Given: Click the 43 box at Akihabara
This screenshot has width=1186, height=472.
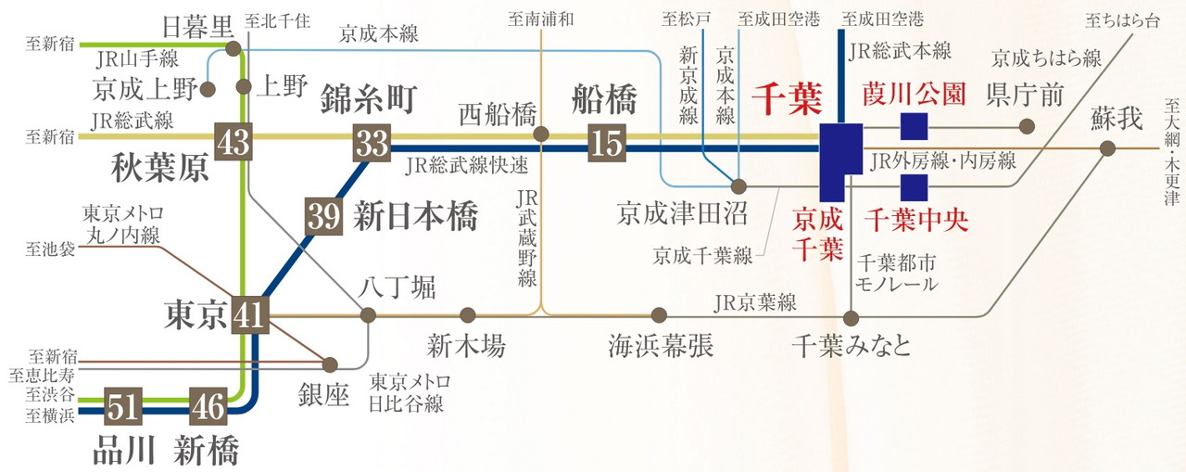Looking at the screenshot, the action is [233, 142].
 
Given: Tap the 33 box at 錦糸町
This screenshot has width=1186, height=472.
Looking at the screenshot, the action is [372, 143].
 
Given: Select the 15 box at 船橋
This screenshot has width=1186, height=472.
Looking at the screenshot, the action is [607, 143].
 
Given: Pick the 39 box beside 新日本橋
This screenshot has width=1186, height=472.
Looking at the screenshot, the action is [323, 216].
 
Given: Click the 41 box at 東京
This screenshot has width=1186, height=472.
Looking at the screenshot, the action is [250, 314].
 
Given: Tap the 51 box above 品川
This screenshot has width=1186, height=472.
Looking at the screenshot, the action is [123, 406].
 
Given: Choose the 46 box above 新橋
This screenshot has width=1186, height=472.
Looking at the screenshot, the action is [208, 406].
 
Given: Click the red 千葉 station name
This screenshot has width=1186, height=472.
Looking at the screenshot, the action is [788, 99].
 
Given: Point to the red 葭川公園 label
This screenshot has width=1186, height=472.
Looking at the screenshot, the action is [914, 95].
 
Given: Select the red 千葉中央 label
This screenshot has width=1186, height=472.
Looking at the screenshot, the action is [916, 220].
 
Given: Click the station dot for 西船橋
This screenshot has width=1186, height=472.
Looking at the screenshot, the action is [540, 134].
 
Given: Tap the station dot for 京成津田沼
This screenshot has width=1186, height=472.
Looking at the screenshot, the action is [738, 186].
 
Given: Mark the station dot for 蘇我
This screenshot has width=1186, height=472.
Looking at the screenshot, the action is [1107, 148].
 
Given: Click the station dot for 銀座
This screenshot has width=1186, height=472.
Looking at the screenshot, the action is [330, 364].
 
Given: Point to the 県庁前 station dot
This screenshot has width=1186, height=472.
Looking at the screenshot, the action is [1027, 126].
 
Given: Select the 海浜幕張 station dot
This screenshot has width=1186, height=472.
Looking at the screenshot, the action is [659, 315].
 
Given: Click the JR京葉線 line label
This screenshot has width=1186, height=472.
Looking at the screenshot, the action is [755, 302].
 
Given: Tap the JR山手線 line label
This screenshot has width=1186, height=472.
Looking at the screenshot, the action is [138, 59].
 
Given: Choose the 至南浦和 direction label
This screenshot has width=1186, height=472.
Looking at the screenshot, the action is [540, 19].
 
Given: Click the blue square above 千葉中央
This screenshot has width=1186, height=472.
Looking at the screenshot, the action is [915, 187].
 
